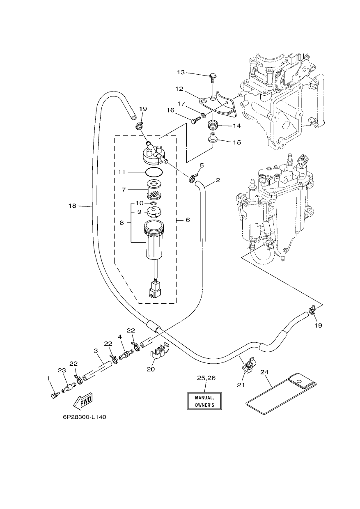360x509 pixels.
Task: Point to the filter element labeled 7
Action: tap(154, 188)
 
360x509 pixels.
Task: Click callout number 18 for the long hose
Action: tap(72, 206)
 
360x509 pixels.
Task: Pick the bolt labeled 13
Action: tap(213, 78)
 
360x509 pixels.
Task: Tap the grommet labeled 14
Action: tap(213, 126)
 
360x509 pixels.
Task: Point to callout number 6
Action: tap(188, 220)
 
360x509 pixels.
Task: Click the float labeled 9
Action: tap(154, 212)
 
